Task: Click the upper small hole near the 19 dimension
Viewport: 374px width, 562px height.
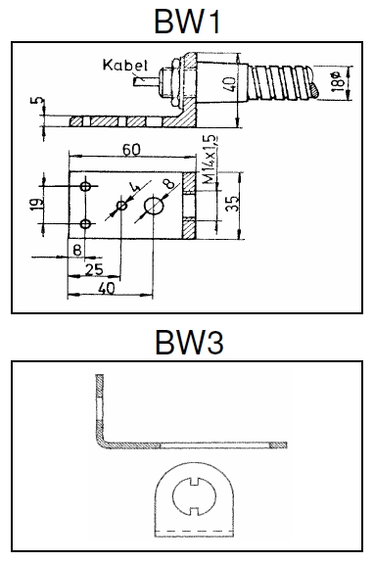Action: click(86, 185)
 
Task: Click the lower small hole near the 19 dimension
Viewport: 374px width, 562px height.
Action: click(86, 224)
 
